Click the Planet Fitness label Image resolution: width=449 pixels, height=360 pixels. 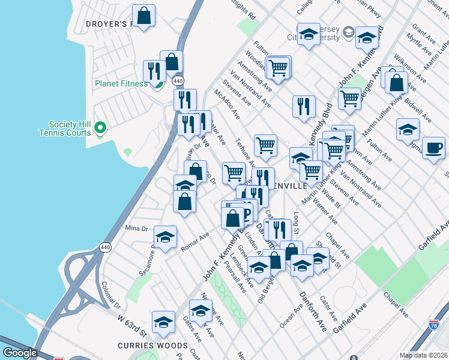click(120, 83)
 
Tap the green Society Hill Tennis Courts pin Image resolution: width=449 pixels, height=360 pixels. click(101, 127)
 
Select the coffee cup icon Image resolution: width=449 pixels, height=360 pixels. click(433, 148)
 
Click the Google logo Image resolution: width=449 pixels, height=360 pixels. click(20, 352)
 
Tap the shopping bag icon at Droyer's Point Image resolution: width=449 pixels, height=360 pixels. click(144, 16)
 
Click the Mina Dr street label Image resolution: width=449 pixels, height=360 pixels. click(136, 228)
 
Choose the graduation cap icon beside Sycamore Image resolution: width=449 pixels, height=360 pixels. click(165, 236)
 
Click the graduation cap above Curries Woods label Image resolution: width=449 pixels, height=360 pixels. click(163, 322)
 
